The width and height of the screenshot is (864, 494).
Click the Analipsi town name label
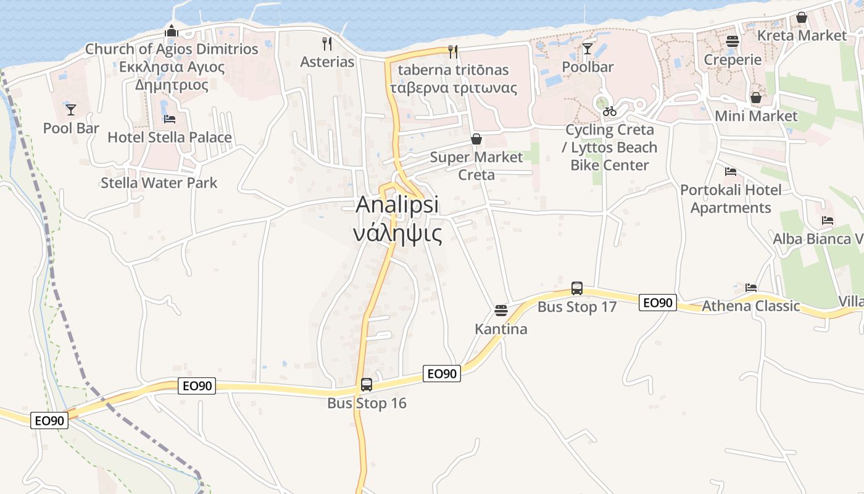(398, 204)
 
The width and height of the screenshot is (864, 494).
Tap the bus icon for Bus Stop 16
(367, 385)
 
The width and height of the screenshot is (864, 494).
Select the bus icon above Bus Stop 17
(577, 288)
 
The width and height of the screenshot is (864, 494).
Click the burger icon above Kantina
(501, 310)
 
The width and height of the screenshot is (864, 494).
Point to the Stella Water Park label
(159, 183)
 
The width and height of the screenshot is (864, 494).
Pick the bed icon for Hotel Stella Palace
(170, 119)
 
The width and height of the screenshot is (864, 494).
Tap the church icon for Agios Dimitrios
(172, 30)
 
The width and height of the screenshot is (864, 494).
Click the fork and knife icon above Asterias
(327, 43)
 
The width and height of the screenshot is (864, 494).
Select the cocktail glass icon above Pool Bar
(71, 110)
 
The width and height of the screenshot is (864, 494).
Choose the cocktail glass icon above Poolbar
(588, 48)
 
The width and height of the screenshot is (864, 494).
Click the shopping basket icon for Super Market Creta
(476, 139)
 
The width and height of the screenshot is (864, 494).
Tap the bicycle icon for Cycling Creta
(610, 111)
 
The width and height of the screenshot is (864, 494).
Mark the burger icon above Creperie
(733, 41)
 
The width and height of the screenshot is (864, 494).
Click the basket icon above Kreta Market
(802, 17)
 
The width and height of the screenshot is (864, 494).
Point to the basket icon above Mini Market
(756, 98)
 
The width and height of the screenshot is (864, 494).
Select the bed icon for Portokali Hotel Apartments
(731, 171)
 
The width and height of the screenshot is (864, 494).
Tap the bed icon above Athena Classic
(751, 287)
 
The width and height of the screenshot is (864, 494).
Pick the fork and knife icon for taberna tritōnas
(453, 51)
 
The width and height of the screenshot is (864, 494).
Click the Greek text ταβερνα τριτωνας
(454, 87)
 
